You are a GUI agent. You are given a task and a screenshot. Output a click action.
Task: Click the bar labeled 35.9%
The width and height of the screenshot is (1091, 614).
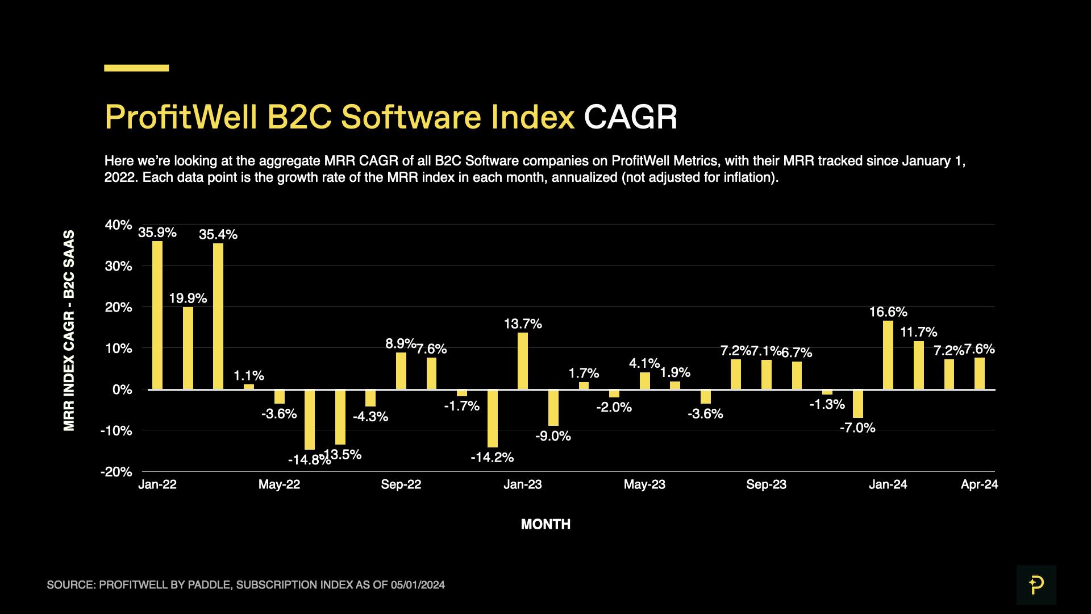157,316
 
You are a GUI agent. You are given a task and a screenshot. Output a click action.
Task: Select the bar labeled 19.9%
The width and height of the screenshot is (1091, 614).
188,348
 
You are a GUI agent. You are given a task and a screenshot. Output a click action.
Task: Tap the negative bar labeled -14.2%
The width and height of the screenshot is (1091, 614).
493,418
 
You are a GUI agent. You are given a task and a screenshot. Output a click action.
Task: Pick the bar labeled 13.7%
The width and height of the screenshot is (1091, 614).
523,361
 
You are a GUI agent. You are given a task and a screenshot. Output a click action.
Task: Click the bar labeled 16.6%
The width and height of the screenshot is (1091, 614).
888,355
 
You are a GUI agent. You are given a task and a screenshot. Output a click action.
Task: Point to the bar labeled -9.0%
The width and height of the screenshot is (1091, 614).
553,408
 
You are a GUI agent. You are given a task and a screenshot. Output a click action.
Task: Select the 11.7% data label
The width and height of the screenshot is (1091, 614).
919,332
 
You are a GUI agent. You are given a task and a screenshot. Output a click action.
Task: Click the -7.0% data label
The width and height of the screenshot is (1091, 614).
857,428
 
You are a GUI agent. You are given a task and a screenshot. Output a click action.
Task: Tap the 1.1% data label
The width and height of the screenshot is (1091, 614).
249,376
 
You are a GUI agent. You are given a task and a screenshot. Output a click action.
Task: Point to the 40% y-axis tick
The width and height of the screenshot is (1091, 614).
118,225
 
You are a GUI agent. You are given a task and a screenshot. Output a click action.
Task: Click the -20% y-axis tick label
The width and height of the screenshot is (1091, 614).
116,472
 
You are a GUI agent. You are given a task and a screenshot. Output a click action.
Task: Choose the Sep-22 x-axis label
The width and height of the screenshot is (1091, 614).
401,484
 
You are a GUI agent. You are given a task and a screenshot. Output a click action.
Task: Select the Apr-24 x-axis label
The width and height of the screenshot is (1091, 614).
979,484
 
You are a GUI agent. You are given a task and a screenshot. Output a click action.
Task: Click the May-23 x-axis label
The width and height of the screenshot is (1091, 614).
644,484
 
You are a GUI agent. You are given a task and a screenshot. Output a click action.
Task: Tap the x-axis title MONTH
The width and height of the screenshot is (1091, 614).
545,524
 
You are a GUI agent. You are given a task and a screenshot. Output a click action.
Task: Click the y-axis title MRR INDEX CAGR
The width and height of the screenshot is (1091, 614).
69,330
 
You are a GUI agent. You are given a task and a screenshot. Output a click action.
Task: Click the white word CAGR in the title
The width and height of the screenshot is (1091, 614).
630,117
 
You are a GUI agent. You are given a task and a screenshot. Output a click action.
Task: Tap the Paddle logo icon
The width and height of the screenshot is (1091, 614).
1036,584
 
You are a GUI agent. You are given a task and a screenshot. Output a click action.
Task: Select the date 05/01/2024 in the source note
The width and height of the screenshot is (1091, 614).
418,585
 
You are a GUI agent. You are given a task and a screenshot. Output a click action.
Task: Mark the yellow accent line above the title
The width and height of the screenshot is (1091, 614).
136,68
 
